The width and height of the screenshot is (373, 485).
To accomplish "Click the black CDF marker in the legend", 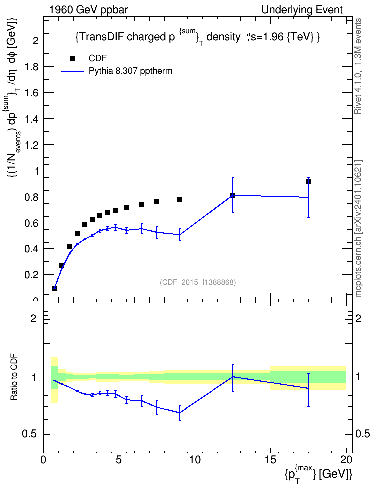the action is [x=72, y=59].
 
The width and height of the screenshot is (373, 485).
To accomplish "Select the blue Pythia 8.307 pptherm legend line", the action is [x=73, y=71].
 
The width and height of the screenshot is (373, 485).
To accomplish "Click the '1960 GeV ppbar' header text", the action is [x=88, y=10].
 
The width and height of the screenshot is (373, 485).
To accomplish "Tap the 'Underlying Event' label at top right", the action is [x=302, y=10].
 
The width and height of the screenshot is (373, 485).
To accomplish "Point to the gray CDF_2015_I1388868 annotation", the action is [x=198, y=282].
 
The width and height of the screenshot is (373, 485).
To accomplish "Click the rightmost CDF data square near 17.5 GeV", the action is [x=308, y=182].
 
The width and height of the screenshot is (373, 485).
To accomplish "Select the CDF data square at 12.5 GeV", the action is [x=233, y=195].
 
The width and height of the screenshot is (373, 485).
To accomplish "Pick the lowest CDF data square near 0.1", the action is [x=54, y=288].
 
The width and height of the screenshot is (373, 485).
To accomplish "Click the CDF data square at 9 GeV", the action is [x=180, y=199].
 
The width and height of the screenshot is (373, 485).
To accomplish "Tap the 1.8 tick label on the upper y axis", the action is [x=31, y=67].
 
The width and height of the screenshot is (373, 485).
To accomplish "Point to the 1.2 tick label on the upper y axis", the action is [x=31, y=145].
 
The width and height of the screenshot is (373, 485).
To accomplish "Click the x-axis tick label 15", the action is [x=270, y=460].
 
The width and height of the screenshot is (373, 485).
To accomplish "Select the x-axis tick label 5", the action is [x=119, y=460].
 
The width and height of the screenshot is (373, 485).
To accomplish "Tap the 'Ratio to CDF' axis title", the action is [x=14, y=377].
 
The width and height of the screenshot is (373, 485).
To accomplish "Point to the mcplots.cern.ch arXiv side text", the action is [x=358, y=229].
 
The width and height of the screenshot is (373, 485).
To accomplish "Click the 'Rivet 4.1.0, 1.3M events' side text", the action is [x=358, y=66].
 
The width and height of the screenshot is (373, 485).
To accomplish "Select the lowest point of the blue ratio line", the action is [x=180, y=413].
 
